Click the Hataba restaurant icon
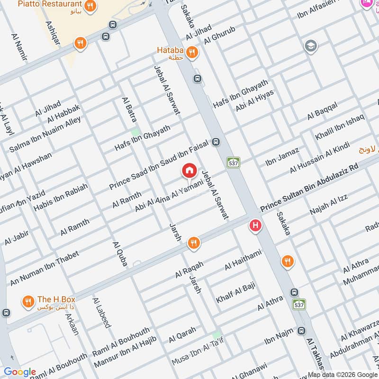[191, 52]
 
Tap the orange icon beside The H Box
[28, 301]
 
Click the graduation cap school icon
[311, 46]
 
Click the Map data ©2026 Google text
[342, 373]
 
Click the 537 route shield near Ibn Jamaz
[233, 162]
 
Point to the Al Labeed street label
[101, 313]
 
